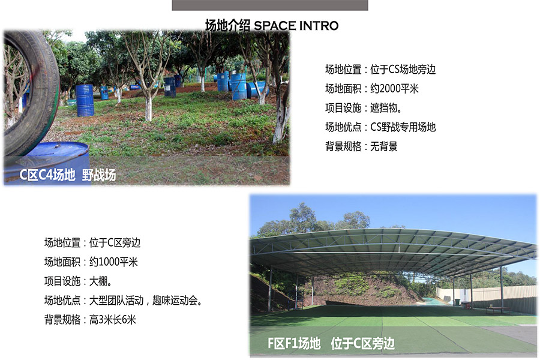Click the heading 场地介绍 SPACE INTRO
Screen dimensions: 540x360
(272, 25)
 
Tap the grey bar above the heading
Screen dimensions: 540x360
(270, 5)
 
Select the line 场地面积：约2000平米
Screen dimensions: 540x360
(372, 89)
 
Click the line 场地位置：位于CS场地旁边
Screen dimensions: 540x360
(380, 69)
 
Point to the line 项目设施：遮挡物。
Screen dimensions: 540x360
(364, 108)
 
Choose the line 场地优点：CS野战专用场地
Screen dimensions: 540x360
(380, 127)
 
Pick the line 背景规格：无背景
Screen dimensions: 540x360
(361, 146)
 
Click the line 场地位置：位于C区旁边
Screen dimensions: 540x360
(92, 242)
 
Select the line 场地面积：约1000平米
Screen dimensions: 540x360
(91, 262)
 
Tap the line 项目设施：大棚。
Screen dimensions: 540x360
(78, 281)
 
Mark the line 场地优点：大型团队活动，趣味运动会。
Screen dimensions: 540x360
(123, 301)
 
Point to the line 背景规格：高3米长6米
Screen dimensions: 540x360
(90, 320)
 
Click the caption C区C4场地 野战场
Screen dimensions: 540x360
(67, 175)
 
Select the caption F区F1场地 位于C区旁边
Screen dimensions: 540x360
(331, 343)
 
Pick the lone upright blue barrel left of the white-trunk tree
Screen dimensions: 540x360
(85, 100)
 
